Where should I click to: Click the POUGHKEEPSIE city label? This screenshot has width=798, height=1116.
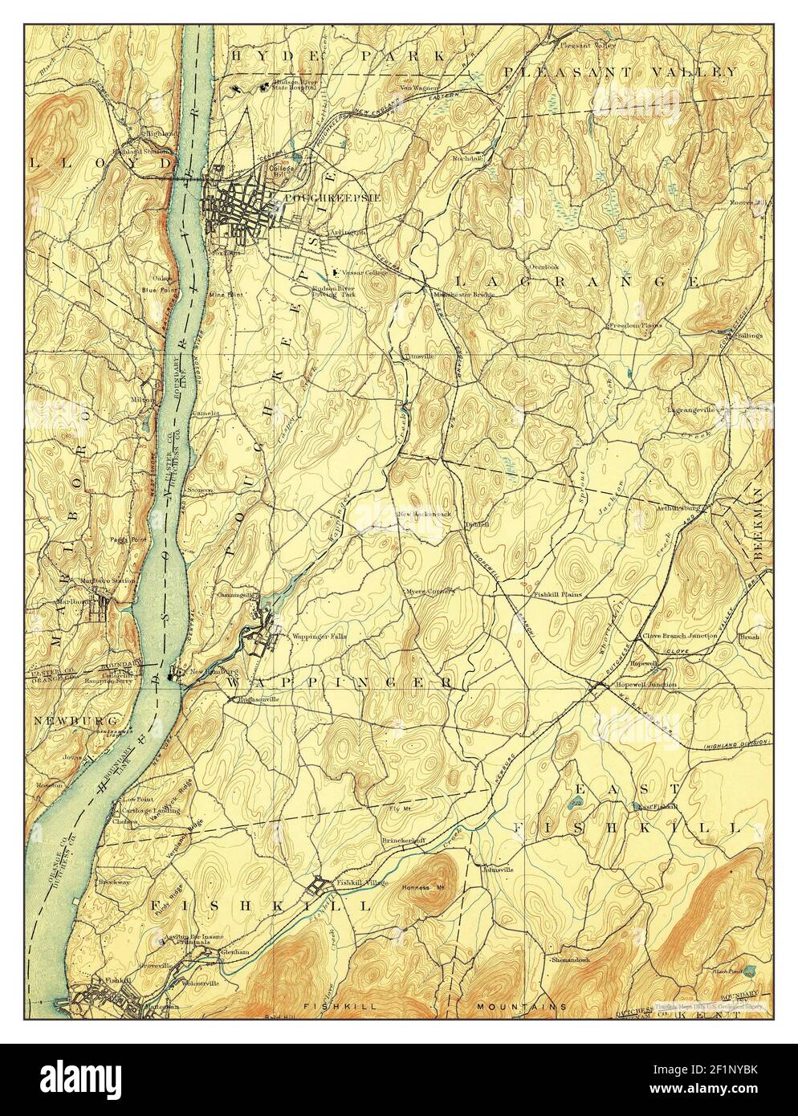(317, 197)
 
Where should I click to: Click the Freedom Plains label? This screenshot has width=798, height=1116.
(633, 325)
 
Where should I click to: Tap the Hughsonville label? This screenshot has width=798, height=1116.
(259, 699)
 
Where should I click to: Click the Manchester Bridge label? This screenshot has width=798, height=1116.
(458, 293)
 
